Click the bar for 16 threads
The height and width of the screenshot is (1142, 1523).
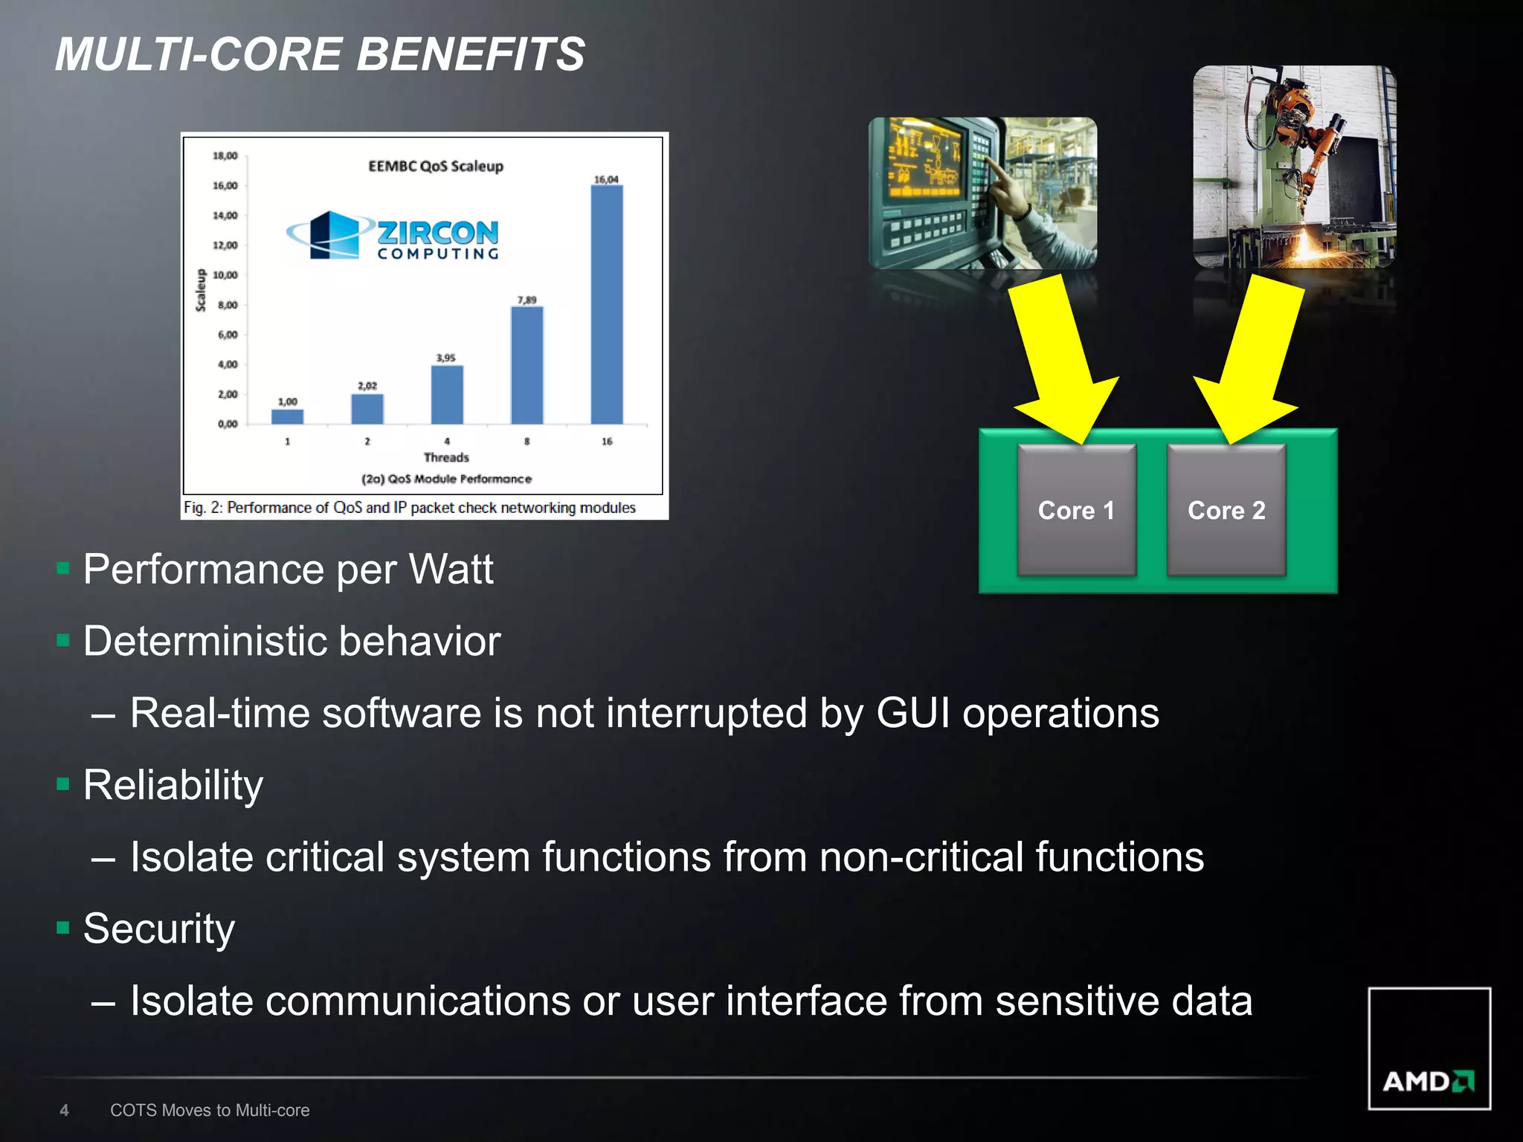607,305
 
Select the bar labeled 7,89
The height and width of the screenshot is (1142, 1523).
527,365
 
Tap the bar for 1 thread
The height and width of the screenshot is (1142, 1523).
287,416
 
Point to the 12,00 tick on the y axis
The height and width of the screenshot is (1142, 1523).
225,245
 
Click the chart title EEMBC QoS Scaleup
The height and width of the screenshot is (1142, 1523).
436,166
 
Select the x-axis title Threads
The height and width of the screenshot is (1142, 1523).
446,457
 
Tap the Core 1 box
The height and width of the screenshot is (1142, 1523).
1076,510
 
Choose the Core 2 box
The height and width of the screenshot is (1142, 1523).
1226,510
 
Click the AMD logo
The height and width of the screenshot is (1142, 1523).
1429,1080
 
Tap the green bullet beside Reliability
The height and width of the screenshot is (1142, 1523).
63,784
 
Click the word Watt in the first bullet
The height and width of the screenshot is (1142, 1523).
451,570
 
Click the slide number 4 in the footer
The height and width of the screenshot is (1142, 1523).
65,1110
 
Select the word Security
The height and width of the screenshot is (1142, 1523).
159,929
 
